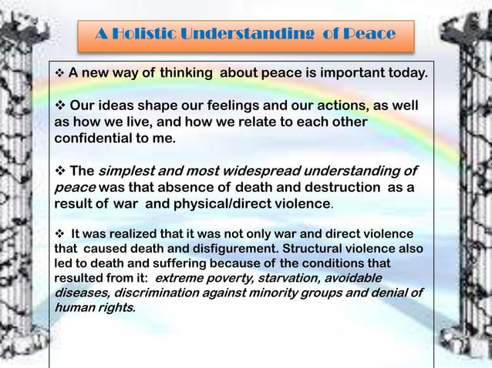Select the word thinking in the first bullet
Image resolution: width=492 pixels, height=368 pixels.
click(186, 75)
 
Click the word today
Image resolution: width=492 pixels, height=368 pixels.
click(401, 75)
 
